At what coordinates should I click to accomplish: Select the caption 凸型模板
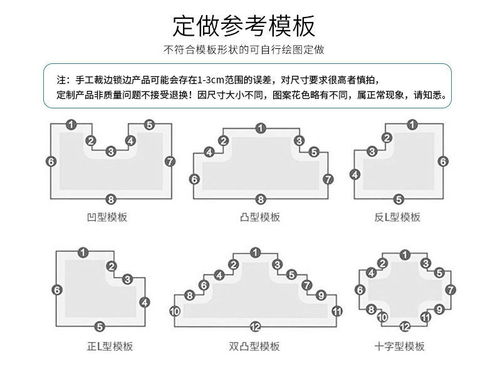[260, 217]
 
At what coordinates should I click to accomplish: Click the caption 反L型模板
[397, 217]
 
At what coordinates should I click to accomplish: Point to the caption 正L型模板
[110, 346]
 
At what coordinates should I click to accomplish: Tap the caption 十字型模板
[399, 346]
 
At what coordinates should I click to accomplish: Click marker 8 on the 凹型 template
[111, 199]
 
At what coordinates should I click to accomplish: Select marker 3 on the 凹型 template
[111, 151]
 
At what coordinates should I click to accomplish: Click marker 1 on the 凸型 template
[260, 128]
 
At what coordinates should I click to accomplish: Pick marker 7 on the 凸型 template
[328, 179]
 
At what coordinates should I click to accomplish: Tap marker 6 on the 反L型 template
[442, 162]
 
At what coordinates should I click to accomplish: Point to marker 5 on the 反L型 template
[398, 199]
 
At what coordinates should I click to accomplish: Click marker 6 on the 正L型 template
[57, 289]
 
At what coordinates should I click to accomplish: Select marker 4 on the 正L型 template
[145, 302]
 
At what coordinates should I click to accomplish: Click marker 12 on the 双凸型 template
[255, 326]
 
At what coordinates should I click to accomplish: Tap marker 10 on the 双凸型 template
[175, 311]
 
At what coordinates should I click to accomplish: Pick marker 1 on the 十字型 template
[405, 254]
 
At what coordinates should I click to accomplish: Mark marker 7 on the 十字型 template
[451, 289]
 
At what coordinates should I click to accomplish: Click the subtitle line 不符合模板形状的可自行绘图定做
[244, 49]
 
